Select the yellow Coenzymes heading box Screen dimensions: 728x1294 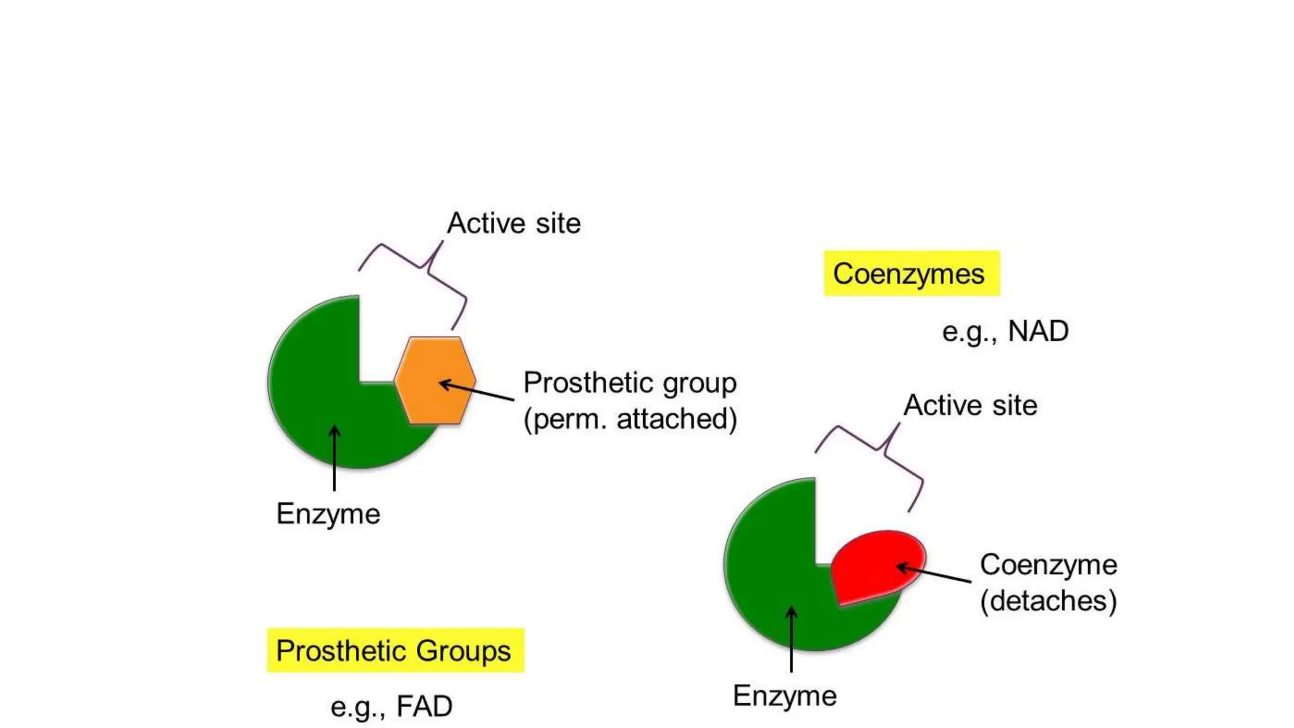(911, 274)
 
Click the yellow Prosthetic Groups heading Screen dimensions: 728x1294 (395, 650)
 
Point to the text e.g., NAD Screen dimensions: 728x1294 (1005, 331)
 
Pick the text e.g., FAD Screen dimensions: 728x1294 (391, 706)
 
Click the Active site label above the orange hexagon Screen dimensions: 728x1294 (514, 223)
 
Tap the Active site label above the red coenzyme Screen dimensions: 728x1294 (970, 405)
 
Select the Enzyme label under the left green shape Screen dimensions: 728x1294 (328, 513)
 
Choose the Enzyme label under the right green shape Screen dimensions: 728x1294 (784, 696)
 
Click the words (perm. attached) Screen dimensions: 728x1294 (630, 418)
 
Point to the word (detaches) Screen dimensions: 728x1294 (1048, 600)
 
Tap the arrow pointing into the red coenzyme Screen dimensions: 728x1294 (934, 573)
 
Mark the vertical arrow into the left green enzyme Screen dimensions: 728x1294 (334, 458)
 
